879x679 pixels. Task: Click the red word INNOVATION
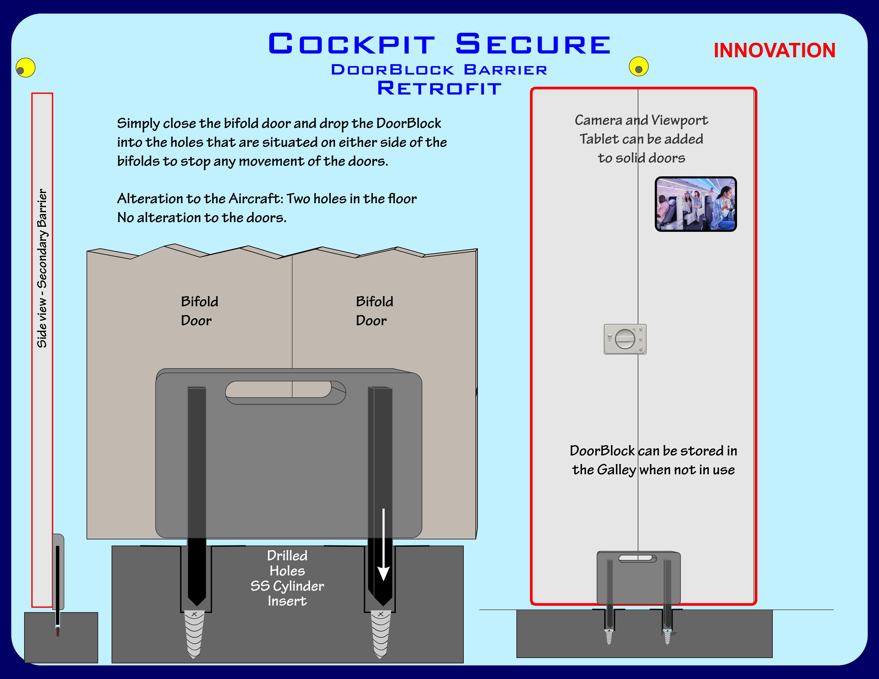[x=774, y=51]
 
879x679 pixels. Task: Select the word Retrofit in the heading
[x=439, y=88]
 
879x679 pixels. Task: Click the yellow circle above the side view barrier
[x=26, y=68]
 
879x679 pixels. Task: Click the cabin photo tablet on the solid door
[x=695, y=204]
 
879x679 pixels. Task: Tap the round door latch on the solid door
[x=625, y=339]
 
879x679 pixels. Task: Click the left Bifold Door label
[x=199, y=310]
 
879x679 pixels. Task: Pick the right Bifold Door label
[x=374, y=310]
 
